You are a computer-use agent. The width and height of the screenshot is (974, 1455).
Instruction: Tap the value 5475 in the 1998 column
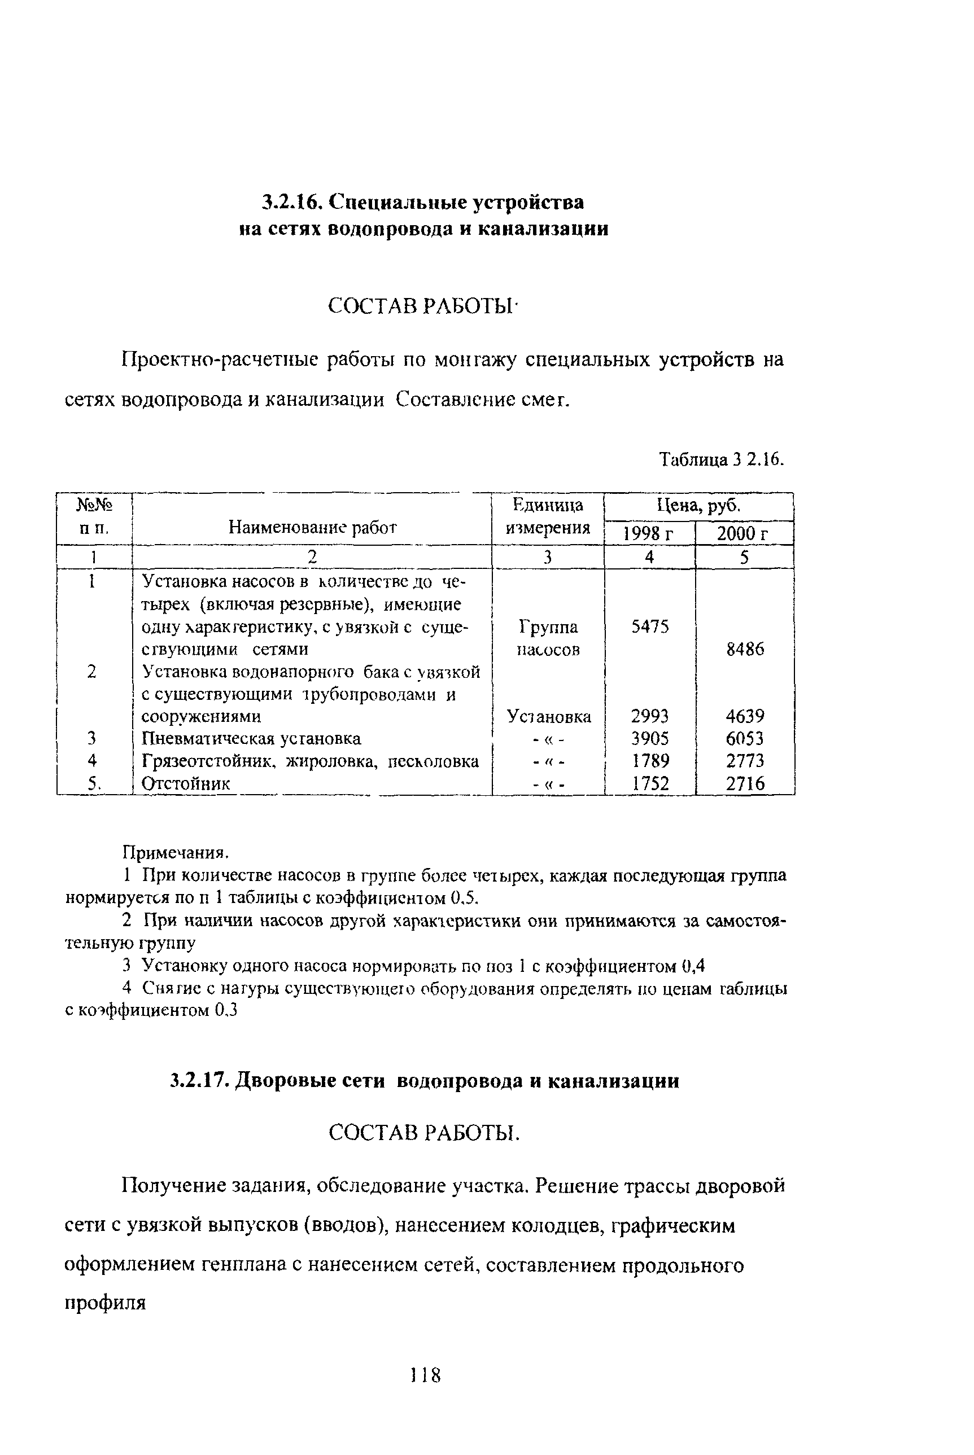650,627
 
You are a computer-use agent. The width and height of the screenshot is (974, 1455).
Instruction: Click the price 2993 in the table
650,716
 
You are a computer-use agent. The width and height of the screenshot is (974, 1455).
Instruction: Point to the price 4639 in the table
745,716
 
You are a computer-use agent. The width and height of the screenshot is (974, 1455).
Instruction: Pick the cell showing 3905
650,739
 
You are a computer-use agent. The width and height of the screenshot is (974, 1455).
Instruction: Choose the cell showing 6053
745,739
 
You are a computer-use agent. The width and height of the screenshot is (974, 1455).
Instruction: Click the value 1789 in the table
650,761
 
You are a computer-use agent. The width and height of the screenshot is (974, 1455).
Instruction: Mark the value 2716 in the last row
745,783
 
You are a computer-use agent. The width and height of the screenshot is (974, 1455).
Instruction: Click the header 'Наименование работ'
312,528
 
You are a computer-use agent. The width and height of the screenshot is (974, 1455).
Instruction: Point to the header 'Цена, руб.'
698,506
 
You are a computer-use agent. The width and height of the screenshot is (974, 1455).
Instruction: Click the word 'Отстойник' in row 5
186,783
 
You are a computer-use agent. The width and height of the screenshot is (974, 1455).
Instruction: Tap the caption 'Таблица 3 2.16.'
721,460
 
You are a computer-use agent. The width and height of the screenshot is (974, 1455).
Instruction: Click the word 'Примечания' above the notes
174,852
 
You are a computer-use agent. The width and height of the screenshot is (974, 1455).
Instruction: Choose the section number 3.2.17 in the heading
196,1081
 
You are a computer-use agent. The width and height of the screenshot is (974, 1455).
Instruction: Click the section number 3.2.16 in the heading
291,203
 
